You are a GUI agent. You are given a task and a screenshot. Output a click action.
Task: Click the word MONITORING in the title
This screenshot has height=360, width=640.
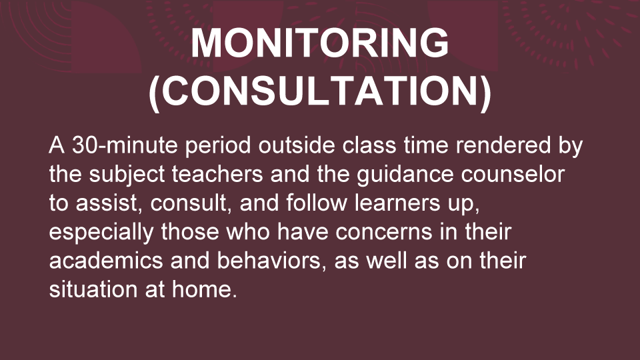tap(319, 43)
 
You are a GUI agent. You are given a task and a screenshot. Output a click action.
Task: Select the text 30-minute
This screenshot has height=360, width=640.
tap(125, 145)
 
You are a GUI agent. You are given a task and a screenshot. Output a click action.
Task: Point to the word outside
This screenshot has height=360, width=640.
tap(296, 145)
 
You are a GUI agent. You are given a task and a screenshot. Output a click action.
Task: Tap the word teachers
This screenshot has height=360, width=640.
tap(217, 174)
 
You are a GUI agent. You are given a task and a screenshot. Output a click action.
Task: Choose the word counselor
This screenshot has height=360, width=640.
tap(513, 174)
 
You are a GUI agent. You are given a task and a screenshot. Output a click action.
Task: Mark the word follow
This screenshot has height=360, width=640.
tap(317, 203)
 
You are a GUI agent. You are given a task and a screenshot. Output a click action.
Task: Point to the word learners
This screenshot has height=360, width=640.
tap(397, 203)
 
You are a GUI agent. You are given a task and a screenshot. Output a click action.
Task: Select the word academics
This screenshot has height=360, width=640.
tap(106, 261)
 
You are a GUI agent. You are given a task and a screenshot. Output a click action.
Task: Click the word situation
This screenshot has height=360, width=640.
tap(93, 289)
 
